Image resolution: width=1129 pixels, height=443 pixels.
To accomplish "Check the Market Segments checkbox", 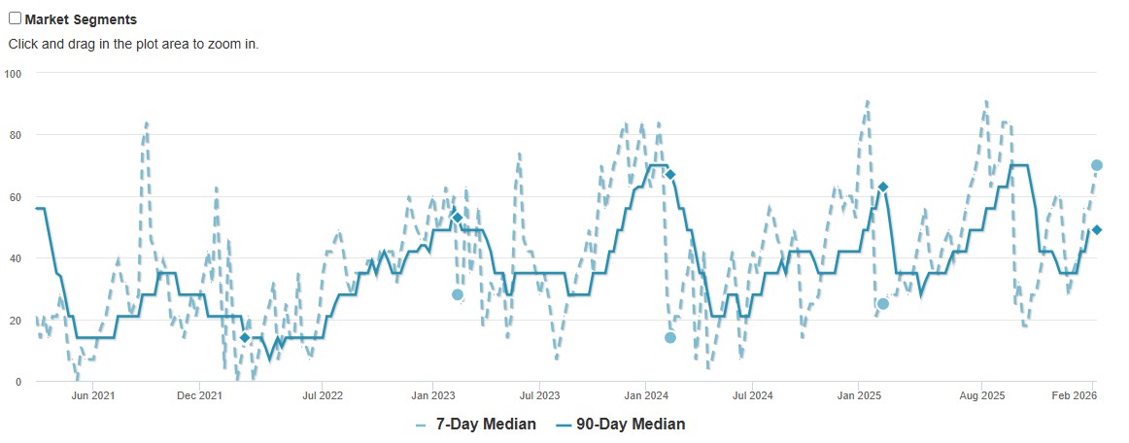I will click(x=15, y=18).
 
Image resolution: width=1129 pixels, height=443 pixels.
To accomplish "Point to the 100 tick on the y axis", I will click(x=14, y=73).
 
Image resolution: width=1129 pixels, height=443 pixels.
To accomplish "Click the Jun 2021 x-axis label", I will click(x=94, y=395).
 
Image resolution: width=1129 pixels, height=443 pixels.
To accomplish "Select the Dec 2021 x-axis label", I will click(x=199, y=395).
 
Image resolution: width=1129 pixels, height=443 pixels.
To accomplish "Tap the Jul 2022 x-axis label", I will click(x=323, y=395).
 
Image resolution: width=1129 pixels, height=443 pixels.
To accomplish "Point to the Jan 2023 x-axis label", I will click(x=432, y=395).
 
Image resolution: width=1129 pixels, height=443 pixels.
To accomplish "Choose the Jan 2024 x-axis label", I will click(x=645, y=395).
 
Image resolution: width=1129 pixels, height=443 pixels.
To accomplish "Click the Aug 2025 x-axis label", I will click(x=981, y=395).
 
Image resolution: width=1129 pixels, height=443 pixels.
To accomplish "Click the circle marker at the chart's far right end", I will click(x=1097, y=165).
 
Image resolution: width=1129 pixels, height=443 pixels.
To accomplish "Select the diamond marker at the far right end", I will click(x=1097, y=229).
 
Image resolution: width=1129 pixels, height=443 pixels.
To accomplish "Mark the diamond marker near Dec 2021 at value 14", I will click(x=245, y=338).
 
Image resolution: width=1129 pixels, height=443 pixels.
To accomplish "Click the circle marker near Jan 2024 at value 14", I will click(x=670, y=338).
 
